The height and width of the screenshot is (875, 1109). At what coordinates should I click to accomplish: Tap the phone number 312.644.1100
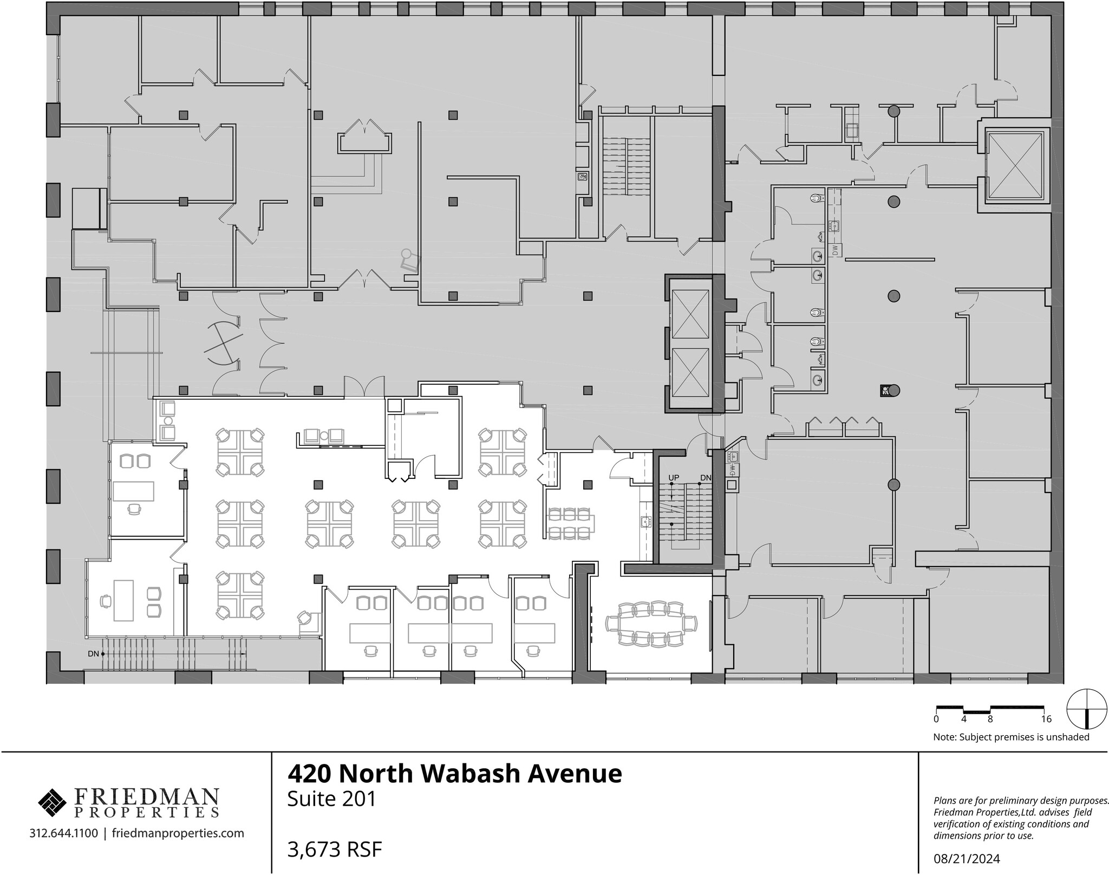click(63, 833)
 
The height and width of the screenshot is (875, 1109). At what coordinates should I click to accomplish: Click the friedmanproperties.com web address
click(178, 833)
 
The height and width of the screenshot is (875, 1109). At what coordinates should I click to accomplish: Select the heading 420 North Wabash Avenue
click(454, 774)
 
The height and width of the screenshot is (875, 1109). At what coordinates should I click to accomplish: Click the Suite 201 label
click(331, 799)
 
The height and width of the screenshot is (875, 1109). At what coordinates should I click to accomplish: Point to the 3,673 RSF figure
click(335, 850)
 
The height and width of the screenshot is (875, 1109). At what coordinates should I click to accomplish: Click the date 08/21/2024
click(967, 859)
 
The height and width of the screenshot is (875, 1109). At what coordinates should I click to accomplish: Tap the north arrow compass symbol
click(1086, 709)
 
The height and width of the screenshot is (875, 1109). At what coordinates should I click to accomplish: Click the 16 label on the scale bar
click(1046, 720)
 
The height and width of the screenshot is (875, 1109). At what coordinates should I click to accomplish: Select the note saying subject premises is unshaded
click(1011, 737)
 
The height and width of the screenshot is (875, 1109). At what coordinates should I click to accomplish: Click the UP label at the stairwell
click(674, 478)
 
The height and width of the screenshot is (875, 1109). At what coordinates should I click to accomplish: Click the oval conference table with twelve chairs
click(651, 624)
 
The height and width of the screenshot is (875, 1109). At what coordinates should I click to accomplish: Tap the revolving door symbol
click(223, 342)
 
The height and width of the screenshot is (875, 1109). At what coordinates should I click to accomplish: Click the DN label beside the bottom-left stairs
click(93, 654)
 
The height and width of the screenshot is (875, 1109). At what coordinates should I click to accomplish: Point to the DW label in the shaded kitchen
click(834, 250)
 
